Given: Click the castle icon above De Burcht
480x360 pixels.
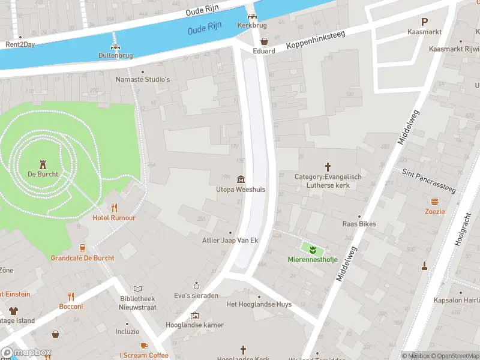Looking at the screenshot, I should pos(43,164).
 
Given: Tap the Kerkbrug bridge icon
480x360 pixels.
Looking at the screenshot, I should pos(252,16).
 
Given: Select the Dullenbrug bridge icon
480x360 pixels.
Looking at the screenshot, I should pos(115,46).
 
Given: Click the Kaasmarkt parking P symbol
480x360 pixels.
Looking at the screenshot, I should pos(424,21).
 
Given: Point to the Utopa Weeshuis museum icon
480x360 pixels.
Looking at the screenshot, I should pos(241,179).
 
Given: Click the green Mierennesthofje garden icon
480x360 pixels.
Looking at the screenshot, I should pos(312,248).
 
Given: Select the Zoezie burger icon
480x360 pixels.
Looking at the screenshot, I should pos(434,202).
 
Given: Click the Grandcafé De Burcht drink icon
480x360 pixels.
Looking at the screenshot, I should pos(83,248).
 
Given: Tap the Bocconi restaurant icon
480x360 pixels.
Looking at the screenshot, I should pos(71,296).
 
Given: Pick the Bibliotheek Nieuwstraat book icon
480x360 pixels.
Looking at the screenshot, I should pos(137,289).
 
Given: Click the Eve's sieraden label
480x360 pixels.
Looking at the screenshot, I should pos(196,295).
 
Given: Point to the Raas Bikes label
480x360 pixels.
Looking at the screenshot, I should pos(359,224).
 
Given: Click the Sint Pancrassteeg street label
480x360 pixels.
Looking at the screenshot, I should pos(428,181).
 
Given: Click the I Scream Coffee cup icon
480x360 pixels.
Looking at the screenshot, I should pos(144,346).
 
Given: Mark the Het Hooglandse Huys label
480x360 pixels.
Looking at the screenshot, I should pos(259,304).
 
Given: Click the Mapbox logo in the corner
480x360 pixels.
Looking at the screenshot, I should pos(26,352).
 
